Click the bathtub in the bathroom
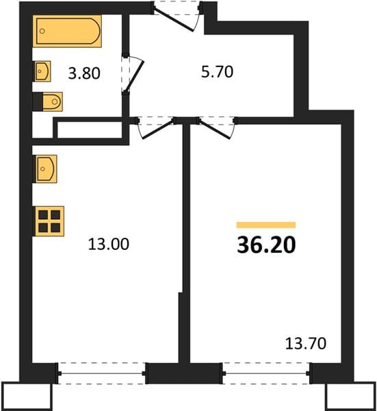point(67,31)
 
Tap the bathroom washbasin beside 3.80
point(43,71)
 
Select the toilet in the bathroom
point(48,101)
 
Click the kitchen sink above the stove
point(47,169)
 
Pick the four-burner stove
point(49,221)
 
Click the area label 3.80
point(84,73)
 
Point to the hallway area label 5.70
point(217,72)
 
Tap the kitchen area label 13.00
point(108,244)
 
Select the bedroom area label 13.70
point(306,343)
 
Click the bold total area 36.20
point(266,245)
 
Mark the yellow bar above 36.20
point(266,225)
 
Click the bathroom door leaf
point(134,75)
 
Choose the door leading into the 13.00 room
point(158,129)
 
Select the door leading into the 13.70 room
point(214,129)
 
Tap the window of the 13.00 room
point(101,373)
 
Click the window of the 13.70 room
point(266,373)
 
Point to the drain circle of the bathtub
point(42,31)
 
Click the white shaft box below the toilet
point(90,129)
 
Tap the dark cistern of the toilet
point(38,101)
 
